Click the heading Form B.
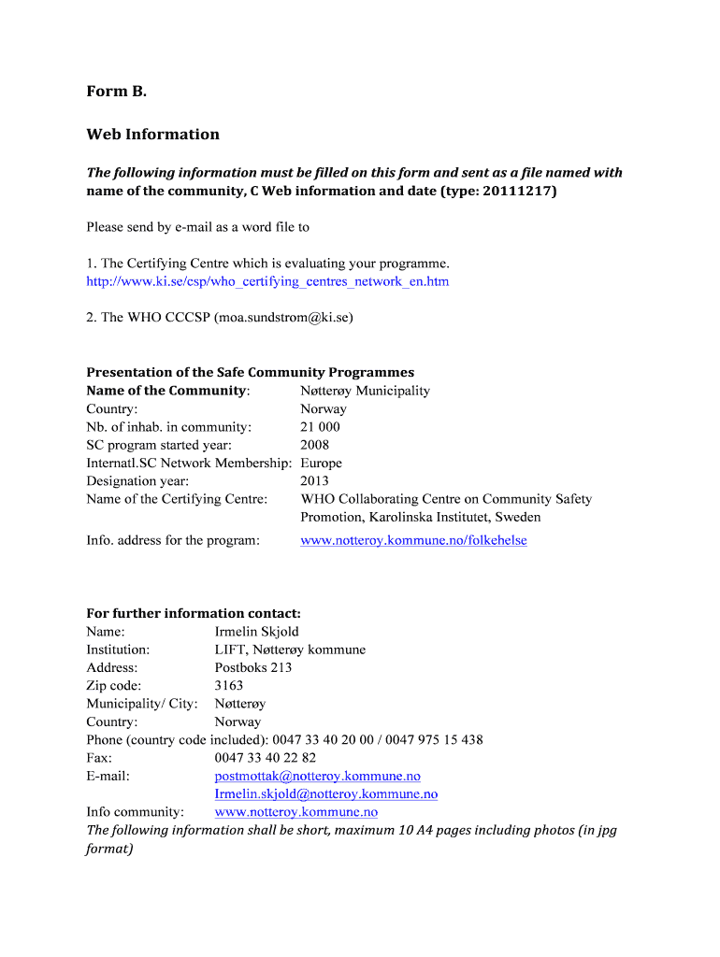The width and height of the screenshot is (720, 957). [117, 91]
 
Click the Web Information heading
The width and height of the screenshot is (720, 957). [152, 134]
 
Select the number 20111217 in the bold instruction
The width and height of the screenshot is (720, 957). [517, 191]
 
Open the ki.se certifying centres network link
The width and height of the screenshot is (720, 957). [267, 281]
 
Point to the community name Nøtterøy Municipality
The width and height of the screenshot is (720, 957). [365, 391]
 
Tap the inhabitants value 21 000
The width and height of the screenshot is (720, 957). [320, 427]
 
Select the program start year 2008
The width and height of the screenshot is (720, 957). [314, 445]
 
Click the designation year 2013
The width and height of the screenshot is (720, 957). [314, 481]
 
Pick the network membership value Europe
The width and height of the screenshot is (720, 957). [321, 463]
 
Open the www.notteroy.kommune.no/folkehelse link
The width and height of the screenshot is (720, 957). [413, 540]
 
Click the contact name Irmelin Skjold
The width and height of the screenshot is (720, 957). [256, 632]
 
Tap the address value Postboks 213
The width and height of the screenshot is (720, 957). [252, 667]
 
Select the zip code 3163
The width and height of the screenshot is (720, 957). [228, 685]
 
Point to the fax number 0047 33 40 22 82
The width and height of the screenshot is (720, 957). [265, 758]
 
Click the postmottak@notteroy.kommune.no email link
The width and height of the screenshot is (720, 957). [317, 776]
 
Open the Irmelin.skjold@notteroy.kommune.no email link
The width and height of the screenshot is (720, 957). [325, 794]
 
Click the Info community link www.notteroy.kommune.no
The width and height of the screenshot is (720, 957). [295, 812]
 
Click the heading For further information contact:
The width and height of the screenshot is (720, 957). [194, 613]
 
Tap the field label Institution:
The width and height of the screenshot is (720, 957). [118, 650]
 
